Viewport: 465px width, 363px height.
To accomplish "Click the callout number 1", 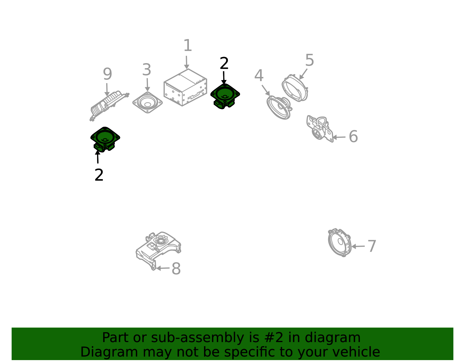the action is coord(188,45).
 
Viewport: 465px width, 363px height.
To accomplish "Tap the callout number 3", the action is coord(146,70).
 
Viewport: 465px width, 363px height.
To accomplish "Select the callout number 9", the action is coord(108,74).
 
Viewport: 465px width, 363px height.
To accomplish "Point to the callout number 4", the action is coord(259,76).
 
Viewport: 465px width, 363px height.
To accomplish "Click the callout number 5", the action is coord(310,60).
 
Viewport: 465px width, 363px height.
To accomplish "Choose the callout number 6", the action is coord(353,136).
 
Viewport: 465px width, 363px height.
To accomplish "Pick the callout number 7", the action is coord(372,246).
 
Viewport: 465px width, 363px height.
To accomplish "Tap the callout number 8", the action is coord(176,269).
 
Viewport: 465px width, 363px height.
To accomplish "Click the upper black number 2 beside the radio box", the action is coord(224,63).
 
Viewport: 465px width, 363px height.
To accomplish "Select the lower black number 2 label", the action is coord(99,175).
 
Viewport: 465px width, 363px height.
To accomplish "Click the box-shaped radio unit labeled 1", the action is coord(185,87).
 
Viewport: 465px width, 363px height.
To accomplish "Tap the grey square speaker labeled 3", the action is coord(147,103).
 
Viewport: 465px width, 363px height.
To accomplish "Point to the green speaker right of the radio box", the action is coord(225,96).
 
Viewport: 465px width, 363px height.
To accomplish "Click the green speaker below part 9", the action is coord(105,139).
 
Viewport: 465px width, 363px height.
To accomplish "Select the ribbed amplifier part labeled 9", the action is coord(109,106).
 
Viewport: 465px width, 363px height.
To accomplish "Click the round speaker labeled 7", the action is coord(340,242).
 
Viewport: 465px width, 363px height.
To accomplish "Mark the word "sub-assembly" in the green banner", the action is coord(197,337).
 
